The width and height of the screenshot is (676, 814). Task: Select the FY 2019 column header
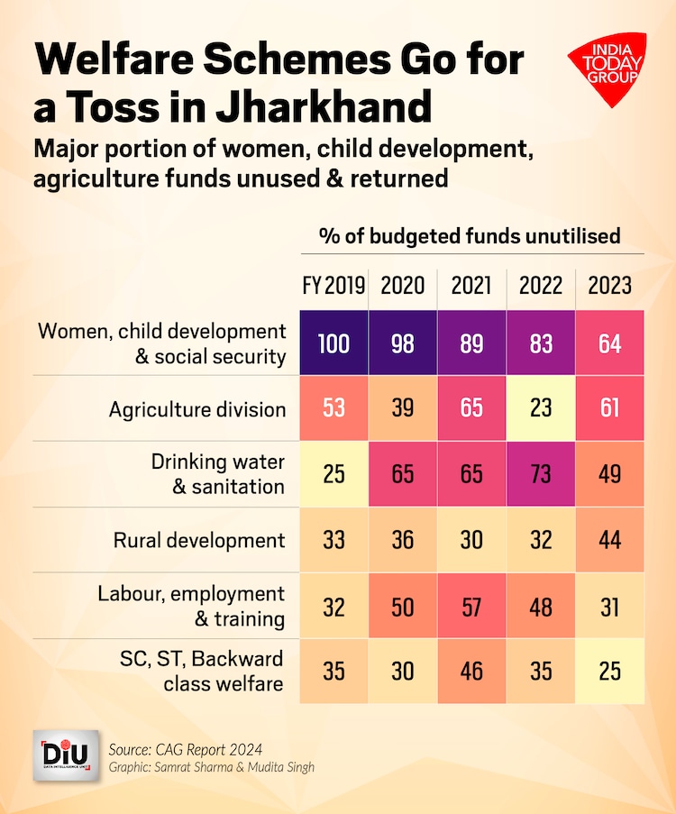(x=333, y=286)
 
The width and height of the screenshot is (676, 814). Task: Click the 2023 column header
(x=610, y=286)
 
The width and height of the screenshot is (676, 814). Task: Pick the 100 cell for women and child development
(x=334, y=343)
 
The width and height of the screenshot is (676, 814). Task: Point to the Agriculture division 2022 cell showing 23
(x=541, y=408)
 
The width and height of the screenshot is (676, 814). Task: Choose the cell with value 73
(x=541, y=474)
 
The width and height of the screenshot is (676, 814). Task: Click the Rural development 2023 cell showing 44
(x=610, y=540)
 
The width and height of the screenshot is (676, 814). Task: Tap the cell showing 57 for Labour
(x=471, y=606)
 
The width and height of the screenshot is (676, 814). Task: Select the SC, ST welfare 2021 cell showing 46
(x=471, y=672)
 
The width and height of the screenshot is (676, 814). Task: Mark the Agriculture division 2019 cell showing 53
(x=334, y=408)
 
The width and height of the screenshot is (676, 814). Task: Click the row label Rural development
(x=199, y=540)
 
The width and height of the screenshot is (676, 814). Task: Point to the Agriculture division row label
(x=197, y=409)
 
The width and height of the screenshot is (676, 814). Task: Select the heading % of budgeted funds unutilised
(x=470, y=236)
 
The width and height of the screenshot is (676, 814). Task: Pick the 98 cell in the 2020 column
(x=403, y=343)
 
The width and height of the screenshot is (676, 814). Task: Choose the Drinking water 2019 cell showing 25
(x=334, y=474)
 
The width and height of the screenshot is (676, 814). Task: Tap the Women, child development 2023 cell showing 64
(x=610, y=343)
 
